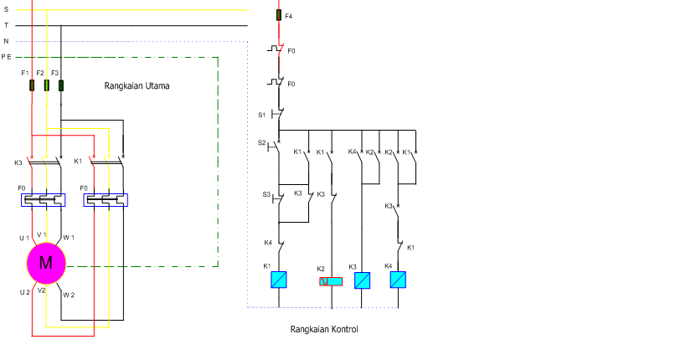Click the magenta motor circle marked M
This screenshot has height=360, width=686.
click(46, 264)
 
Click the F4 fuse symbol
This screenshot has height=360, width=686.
click(279, 15)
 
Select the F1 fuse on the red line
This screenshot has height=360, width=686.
click(32, 85)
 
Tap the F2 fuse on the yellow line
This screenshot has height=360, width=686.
click(46, 85)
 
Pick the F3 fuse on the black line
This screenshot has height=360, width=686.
click(61, 85)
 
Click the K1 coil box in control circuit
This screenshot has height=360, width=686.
click(279, 280)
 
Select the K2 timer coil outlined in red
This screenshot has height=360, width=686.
click(331, 281)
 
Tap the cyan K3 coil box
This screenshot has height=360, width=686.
click(362, 280)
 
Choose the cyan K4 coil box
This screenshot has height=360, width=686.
click(398, 280)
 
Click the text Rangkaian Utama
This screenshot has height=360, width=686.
click(137, 85)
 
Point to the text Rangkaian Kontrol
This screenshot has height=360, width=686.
click(324, 329)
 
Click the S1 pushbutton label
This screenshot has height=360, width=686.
click(261, 115)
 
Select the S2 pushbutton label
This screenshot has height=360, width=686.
click(261, 142)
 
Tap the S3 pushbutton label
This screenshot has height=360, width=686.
click(266, 194)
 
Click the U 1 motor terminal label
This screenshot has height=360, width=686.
click(24, 239)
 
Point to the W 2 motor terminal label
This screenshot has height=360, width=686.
click(69, 295)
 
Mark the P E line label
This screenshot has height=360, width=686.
click(6, 57)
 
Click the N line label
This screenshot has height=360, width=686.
click(6, 41)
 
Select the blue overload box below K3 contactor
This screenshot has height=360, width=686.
click(44, 200)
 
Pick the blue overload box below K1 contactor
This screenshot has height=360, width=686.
click(106, 200)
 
